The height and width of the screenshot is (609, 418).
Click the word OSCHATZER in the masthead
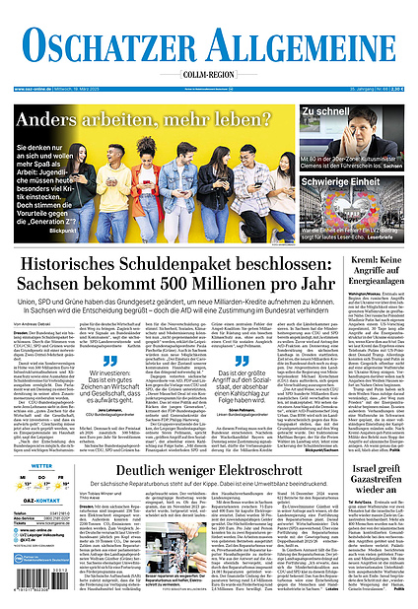pyautogui.click(x=109, y=46)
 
